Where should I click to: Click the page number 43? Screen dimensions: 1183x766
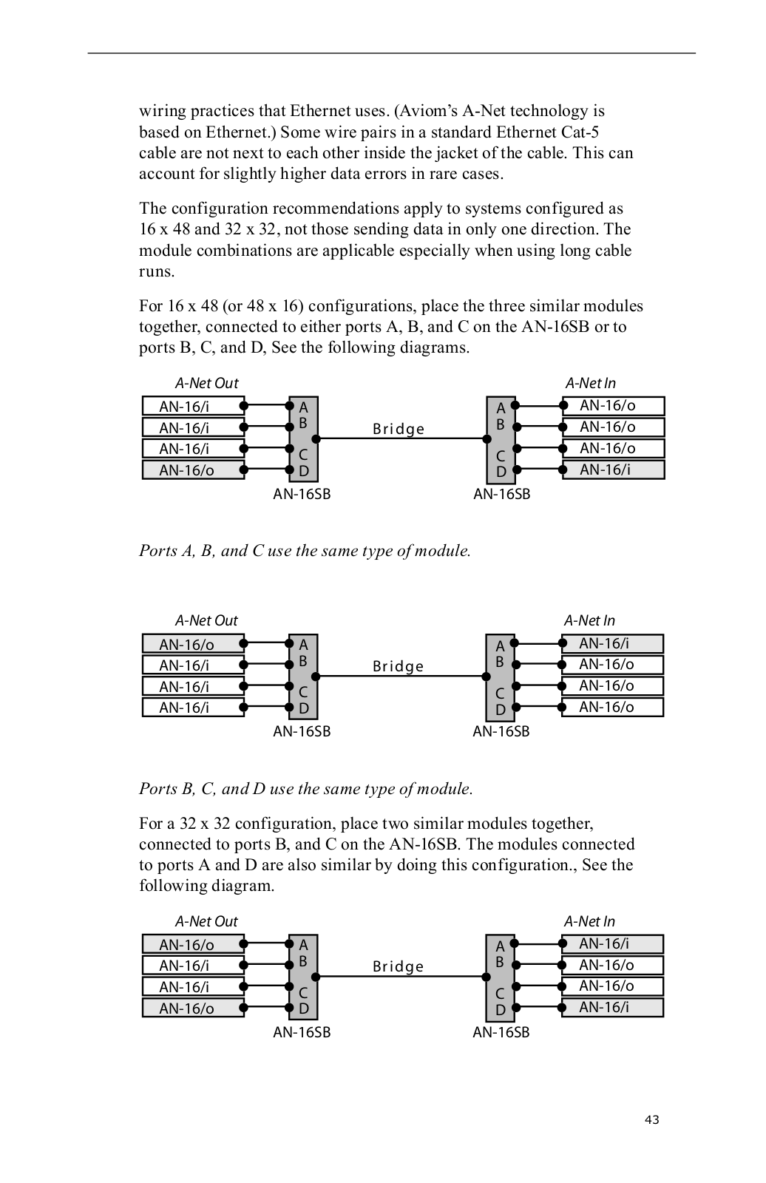click(651, 1119)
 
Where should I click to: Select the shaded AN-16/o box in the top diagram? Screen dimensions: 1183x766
click(193, 470)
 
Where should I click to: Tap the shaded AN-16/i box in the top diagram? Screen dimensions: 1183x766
click(613, 470)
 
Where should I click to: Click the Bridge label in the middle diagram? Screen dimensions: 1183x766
click(399, 666)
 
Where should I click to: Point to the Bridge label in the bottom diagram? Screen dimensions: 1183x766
click(399, 966)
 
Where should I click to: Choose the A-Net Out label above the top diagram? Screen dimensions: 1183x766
click(206, 383)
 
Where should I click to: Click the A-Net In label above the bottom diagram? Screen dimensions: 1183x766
click(589, 921)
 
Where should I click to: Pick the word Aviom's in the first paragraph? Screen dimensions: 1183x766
click(428, 111)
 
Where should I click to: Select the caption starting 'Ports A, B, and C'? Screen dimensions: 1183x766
click(305, 551)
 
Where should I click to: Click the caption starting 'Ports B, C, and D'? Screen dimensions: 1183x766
click(305, 789)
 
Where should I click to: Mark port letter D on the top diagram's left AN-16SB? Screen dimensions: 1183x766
click(304, 471)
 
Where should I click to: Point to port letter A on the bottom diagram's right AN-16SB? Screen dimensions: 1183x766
click(500, 946)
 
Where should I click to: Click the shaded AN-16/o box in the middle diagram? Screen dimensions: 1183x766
click(193, 644)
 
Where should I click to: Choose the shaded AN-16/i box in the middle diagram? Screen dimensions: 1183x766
click(612, 643)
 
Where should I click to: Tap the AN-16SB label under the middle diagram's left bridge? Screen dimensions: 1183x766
click(302, 731)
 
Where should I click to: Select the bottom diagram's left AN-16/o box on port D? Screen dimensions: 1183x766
click(193, 1008)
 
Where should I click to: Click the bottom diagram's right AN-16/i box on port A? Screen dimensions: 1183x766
click(612, 943)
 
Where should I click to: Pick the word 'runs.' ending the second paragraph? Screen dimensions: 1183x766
click(157, 271)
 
